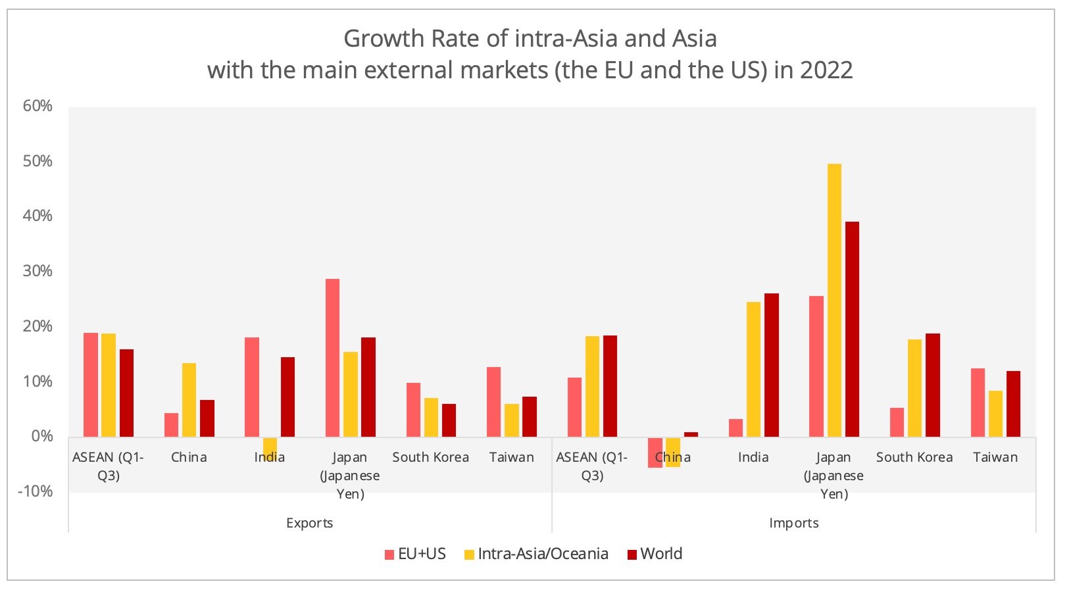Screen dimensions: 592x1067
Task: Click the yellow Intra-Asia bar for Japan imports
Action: (x=834, y=300)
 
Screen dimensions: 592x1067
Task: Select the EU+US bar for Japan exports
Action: (x=333, y=358)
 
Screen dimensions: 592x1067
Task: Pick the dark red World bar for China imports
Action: (x=691, y=434)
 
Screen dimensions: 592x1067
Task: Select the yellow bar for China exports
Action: (x=189, y=400)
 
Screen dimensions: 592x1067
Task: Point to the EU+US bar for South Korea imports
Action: (x=897, y=422)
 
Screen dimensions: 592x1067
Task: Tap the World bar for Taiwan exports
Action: (x=530, y=416)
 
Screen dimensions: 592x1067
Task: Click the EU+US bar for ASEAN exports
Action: (x=91, y=385)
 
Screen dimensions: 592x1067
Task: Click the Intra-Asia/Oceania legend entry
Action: (x=536, y=554)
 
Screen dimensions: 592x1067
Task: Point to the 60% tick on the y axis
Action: (x=37, y=107)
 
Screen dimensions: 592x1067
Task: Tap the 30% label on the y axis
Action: (x=37, y=271)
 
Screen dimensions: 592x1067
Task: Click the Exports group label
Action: (x=309, y=523)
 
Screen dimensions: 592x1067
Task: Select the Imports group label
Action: (x=793, y=523)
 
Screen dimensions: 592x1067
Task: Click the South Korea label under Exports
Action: (x=430, y=457)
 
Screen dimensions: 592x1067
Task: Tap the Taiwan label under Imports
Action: (x=995, y=457)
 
